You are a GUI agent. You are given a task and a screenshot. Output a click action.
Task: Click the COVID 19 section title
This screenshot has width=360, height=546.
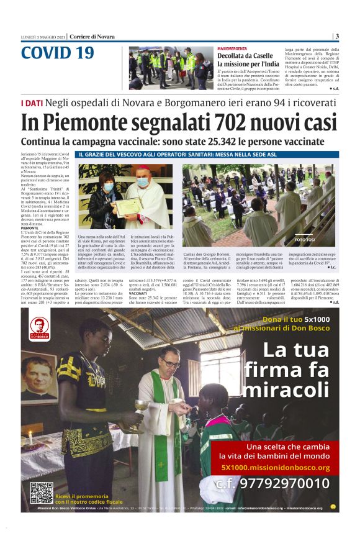tap(57, 53)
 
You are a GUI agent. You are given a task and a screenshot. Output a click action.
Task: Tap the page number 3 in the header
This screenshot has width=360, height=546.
tap(336, 36)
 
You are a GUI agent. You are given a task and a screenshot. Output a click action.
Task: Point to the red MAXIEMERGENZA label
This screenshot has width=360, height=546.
tap(233, 48)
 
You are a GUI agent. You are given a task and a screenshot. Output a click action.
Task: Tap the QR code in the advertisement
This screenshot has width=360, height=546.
tap(41, 492)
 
